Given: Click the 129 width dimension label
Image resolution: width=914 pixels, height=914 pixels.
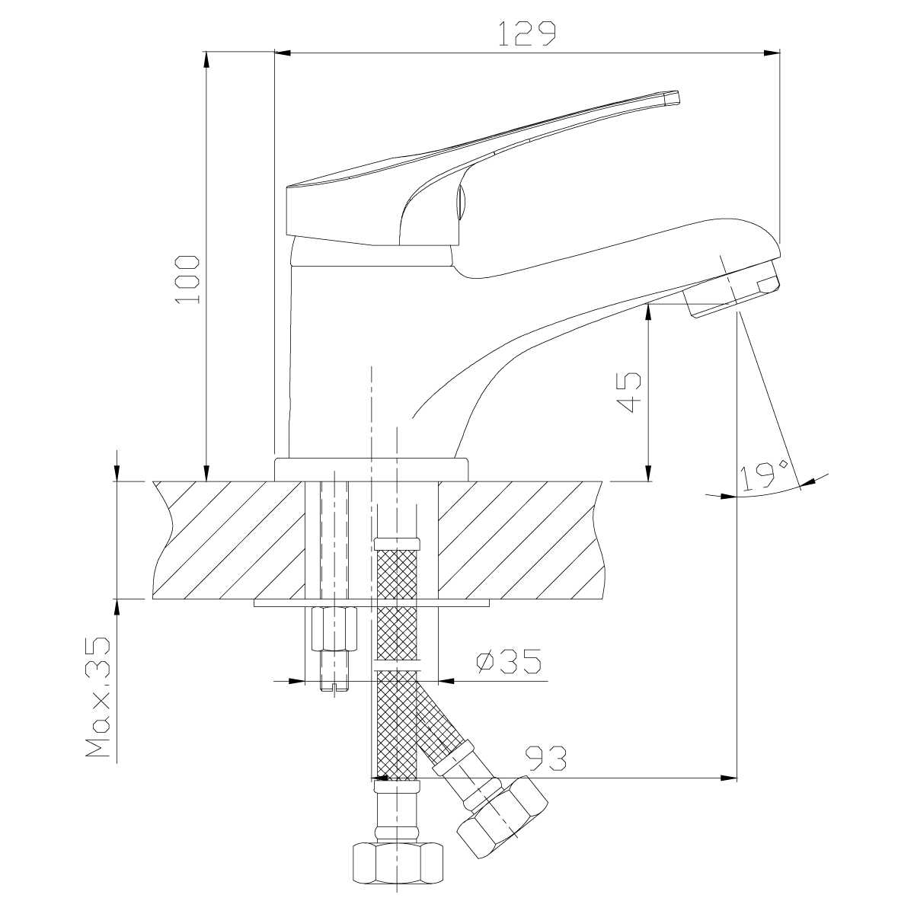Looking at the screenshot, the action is click(x=527, y=34).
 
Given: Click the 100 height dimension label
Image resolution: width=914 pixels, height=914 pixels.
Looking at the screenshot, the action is click(x=187, y=280).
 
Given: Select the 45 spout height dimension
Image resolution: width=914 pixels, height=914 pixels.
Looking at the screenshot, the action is click(x=628, y=392).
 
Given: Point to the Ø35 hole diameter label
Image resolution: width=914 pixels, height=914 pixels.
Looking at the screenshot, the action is click(x=509, y=660).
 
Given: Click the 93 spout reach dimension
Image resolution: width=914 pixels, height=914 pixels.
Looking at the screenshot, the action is click(x=548, y=759).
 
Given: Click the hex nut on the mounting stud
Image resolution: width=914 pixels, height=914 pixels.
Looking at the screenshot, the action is click(x=334, y=629).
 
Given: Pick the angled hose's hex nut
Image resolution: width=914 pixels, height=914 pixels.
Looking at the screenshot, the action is click(x=503, y=817).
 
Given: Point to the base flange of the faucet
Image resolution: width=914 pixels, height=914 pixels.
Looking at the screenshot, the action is click(x=372, y=470).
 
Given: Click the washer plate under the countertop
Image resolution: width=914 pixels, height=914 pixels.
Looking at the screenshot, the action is click(x=372, y=602).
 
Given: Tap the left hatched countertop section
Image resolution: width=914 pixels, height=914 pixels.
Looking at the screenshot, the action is click(x=229, y=540).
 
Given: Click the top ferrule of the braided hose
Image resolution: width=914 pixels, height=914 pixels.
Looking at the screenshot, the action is click(x=398, y=543).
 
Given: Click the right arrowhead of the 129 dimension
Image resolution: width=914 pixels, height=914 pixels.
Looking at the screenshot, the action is click(x=772, y=53).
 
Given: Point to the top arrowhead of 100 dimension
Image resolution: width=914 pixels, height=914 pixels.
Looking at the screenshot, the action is click(x=206, y=59).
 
